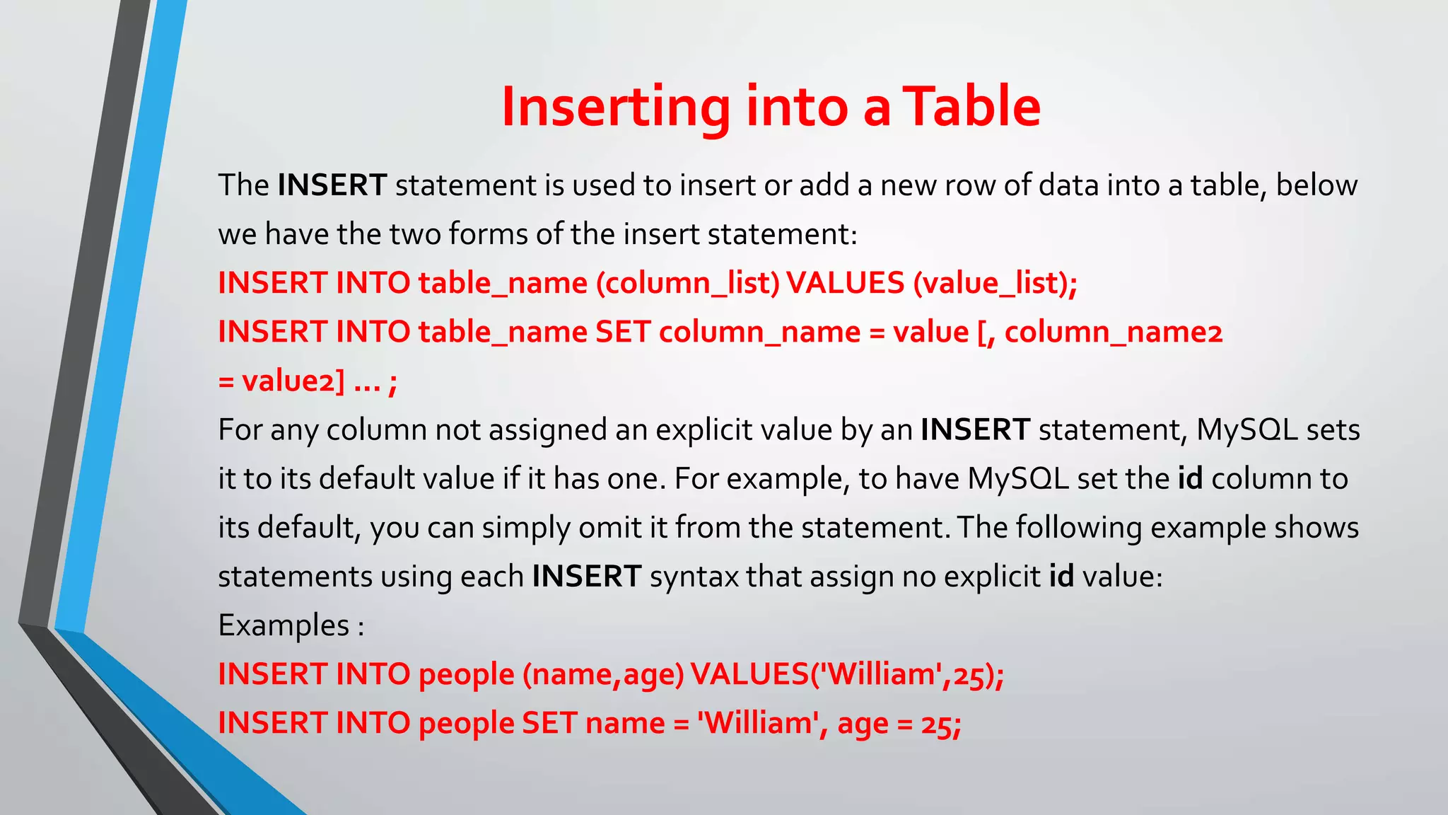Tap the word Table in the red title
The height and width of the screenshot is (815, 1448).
pyautogui.click(x=973, y=108)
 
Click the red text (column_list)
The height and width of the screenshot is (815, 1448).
pyautogui.click(x=687, y=283)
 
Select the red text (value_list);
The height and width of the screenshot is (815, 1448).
pyautogui.click(x=995, y=283)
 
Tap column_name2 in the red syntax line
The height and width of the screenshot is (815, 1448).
pyautogui.click(x=1114, y=332)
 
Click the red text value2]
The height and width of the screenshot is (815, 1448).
pyautogui.click(x=293, y=381)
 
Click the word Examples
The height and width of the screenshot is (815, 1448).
pyautogui.click(x=284, y=625)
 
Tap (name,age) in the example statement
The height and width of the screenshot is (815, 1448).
pyautogui.click(x=603, y=674)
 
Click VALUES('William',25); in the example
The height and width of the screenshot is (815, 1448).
pyautogui.click(x=847, y=674)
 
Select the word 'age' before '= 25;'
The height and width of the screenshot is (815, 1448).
pyautogui.click(x=863, y=724)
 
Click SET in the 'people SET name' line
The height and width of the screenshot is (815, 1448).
pyautogui.click(x=549, y=723)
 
